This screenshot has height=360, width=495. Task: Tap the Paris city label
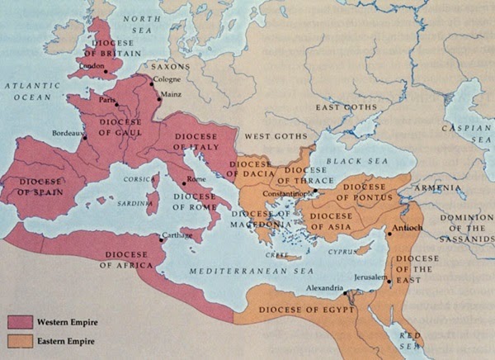click(105, 102)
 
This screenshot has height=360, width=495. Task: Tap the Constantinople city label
click(285, 195)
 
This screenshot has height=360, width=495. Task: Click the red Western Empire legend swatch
click(21, 321)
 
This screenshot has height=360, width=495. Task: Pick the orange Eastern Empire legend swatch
click(21, 340)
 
